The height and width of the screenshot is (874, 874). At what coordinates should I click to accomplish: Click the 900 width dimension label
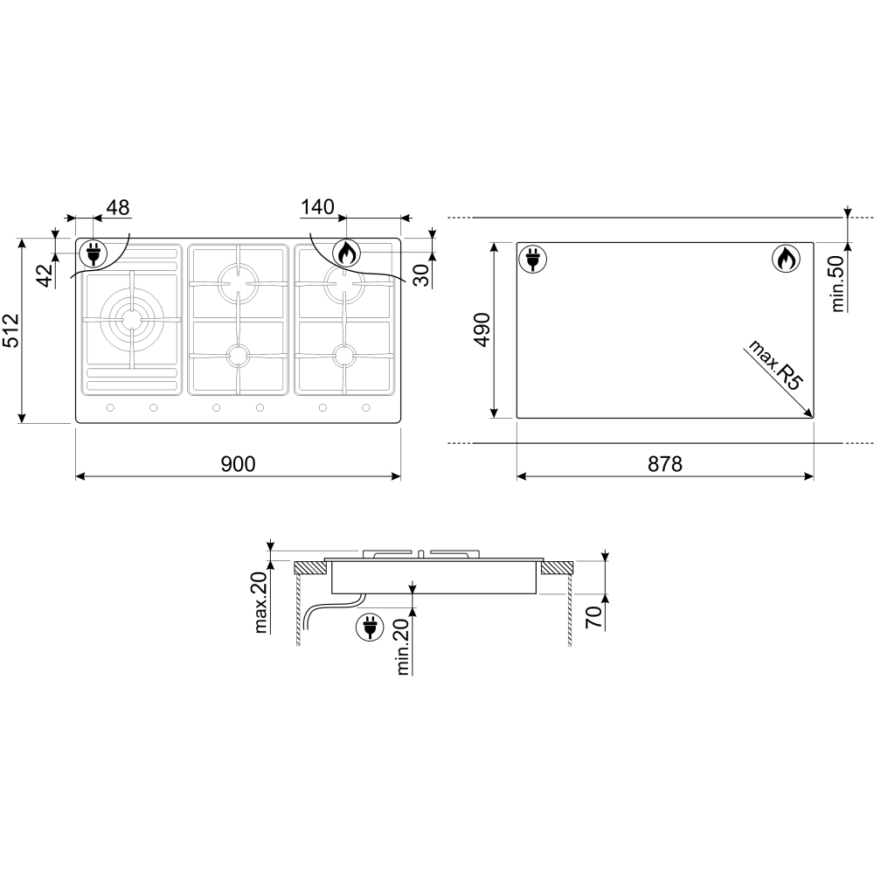point(238,464)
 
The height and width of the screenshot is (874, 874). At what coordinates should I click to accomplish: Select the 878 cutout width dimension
point(665,464)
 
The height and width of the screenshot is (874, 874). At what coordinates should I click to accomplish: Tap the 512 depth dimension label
point(11,330)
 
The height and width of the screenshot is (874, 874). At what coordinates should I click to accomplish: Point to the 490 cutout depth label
point(482,330)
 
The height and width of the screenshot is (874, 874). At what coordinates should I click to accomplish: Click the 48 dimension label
point(118,207)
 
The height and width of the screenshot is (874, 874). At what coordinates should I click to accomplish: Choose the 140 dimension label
point(317,207)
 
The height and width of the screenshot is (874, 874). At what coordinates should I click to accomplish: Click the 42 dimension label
point(47,274)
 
